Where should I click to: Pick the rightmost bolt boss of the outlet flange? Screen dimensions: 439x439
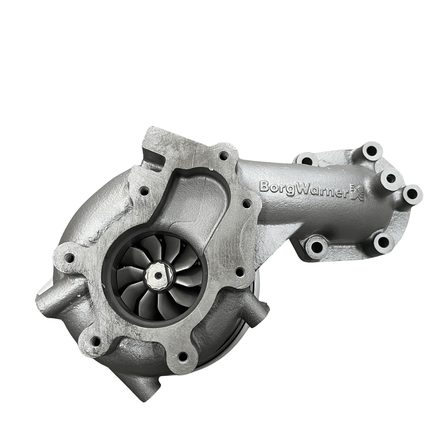tap(412, 193)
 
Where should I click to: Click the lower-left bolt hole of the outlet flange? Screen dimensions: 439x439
tap(316, 247)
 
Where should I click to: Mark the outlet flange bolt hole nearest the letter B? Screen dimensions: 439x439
tap(307, 161)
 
